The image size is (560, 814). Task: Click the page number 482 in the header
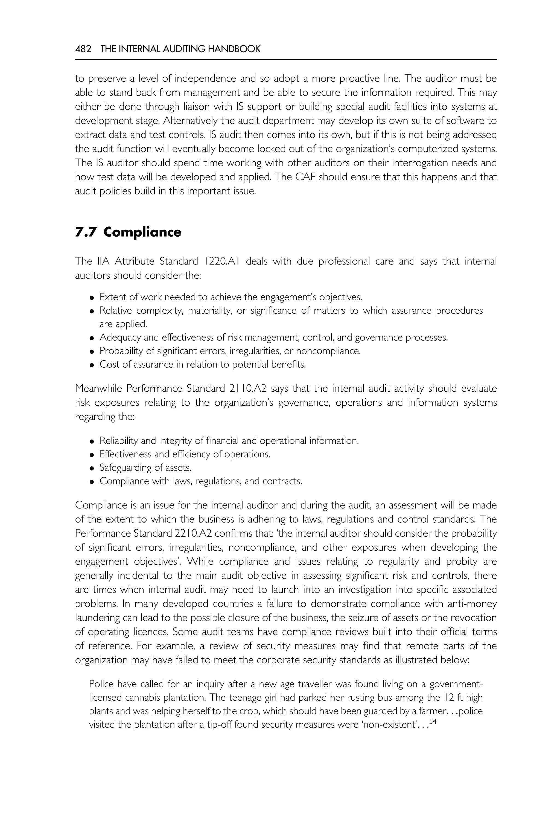point(83,49)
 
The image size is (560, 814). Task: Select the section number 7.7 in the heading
point(86,232)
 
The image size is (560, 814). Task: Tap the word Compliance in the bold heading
point(142,232)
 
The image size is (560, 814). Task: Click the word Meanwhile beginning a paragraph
point(98,389)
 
